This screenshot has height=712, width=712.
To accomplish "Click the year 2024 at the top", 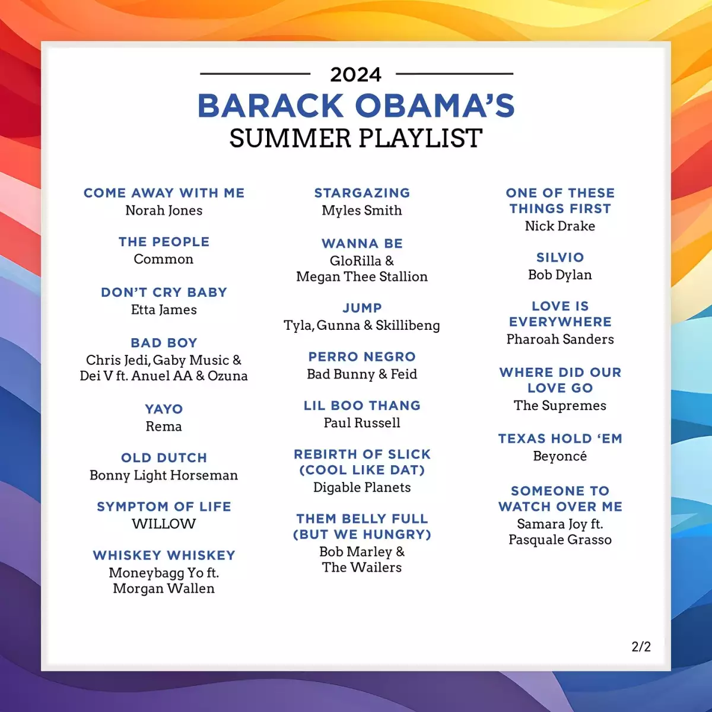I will (355, 75).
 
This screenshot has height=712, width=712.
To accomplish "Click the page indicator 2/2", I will (641, 647).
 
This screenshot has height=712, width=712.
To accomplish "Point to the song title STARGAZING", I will (362, 193).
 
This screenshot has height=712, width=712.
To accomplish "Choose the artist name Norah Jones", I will (164, 211).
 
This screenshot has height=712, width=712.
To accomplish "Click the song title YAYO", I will (164, 409).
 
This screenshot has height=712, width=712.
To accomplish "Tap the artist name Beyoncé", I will (560, 456).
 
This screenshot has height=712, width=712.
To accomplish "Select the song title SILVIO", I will (560, 258).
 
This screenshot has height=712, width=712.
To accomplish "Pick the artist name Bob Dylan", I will (560, 275).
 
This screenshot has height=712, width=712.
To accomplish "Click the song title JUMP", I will (362, 308).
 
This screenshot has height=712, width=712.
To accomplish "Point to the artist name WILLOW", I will (164, 524).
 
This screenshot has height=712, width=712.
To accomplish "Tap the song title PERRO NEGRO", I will (362, 357).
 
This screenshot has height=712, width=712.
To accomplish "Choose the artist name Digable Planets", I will (362, 488).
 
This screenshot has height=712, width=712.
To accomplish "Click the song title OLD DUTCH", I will (164, 458).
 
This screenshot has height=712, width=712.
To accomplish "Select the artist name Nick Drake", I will (560, 226).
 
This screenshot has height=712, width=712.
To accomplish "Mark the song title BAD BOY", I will (164, 343).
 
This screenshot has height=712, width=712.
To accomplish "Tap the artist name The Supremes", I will (560, 406).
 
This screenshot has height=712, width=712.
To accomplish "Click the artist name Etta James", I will (164, 310).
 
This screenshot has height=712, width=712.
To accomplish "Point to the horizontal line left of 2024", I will (255, 74).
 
